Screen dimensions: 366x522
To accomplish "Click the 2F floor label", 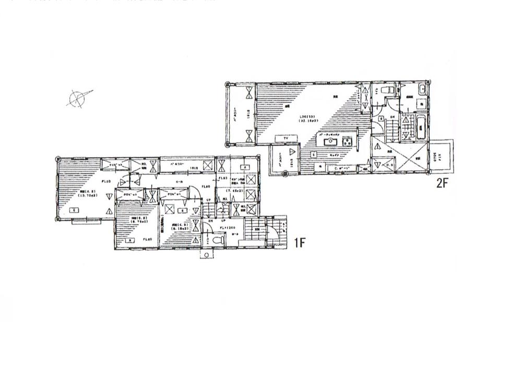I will click(x=442, y=183).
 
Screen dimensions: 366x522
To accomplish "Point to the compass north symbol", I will click(x=77, y=97).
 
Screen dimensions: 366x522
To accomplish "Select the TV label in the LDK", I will click(x=286, y=138).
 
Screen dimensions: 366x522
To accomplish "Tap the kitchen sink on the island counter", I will click(x=330, y=142).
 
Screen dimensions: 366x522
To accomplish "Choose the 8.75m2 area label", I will click(x=127, y=222).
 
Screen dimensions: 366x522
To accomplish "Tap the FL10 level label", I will click(x=105, y=181).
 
